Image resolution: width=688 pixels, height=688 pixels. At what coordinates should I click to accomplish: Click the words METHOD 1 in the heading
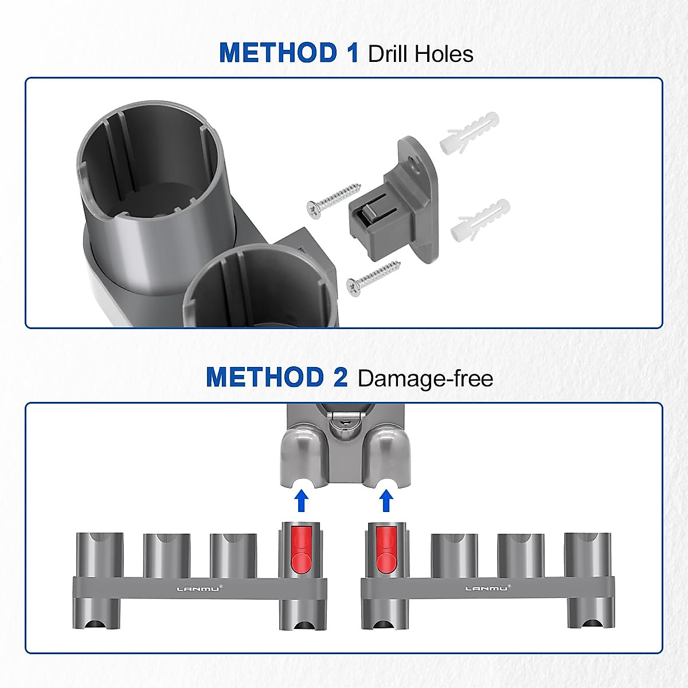pos(288,53)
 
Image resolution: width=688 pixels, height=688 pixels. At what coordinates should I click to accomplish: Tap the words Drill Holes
pos(421,54)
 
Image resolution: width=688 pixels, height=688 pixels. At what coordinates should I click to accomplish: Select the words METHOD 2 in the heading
pos(277,378)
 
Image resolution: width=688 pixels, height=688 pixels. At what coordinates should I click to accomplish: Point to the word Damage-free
pos(425,379)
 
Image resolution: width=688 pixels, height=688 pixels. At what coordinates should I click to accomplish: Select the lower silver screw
pos(373,279)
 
